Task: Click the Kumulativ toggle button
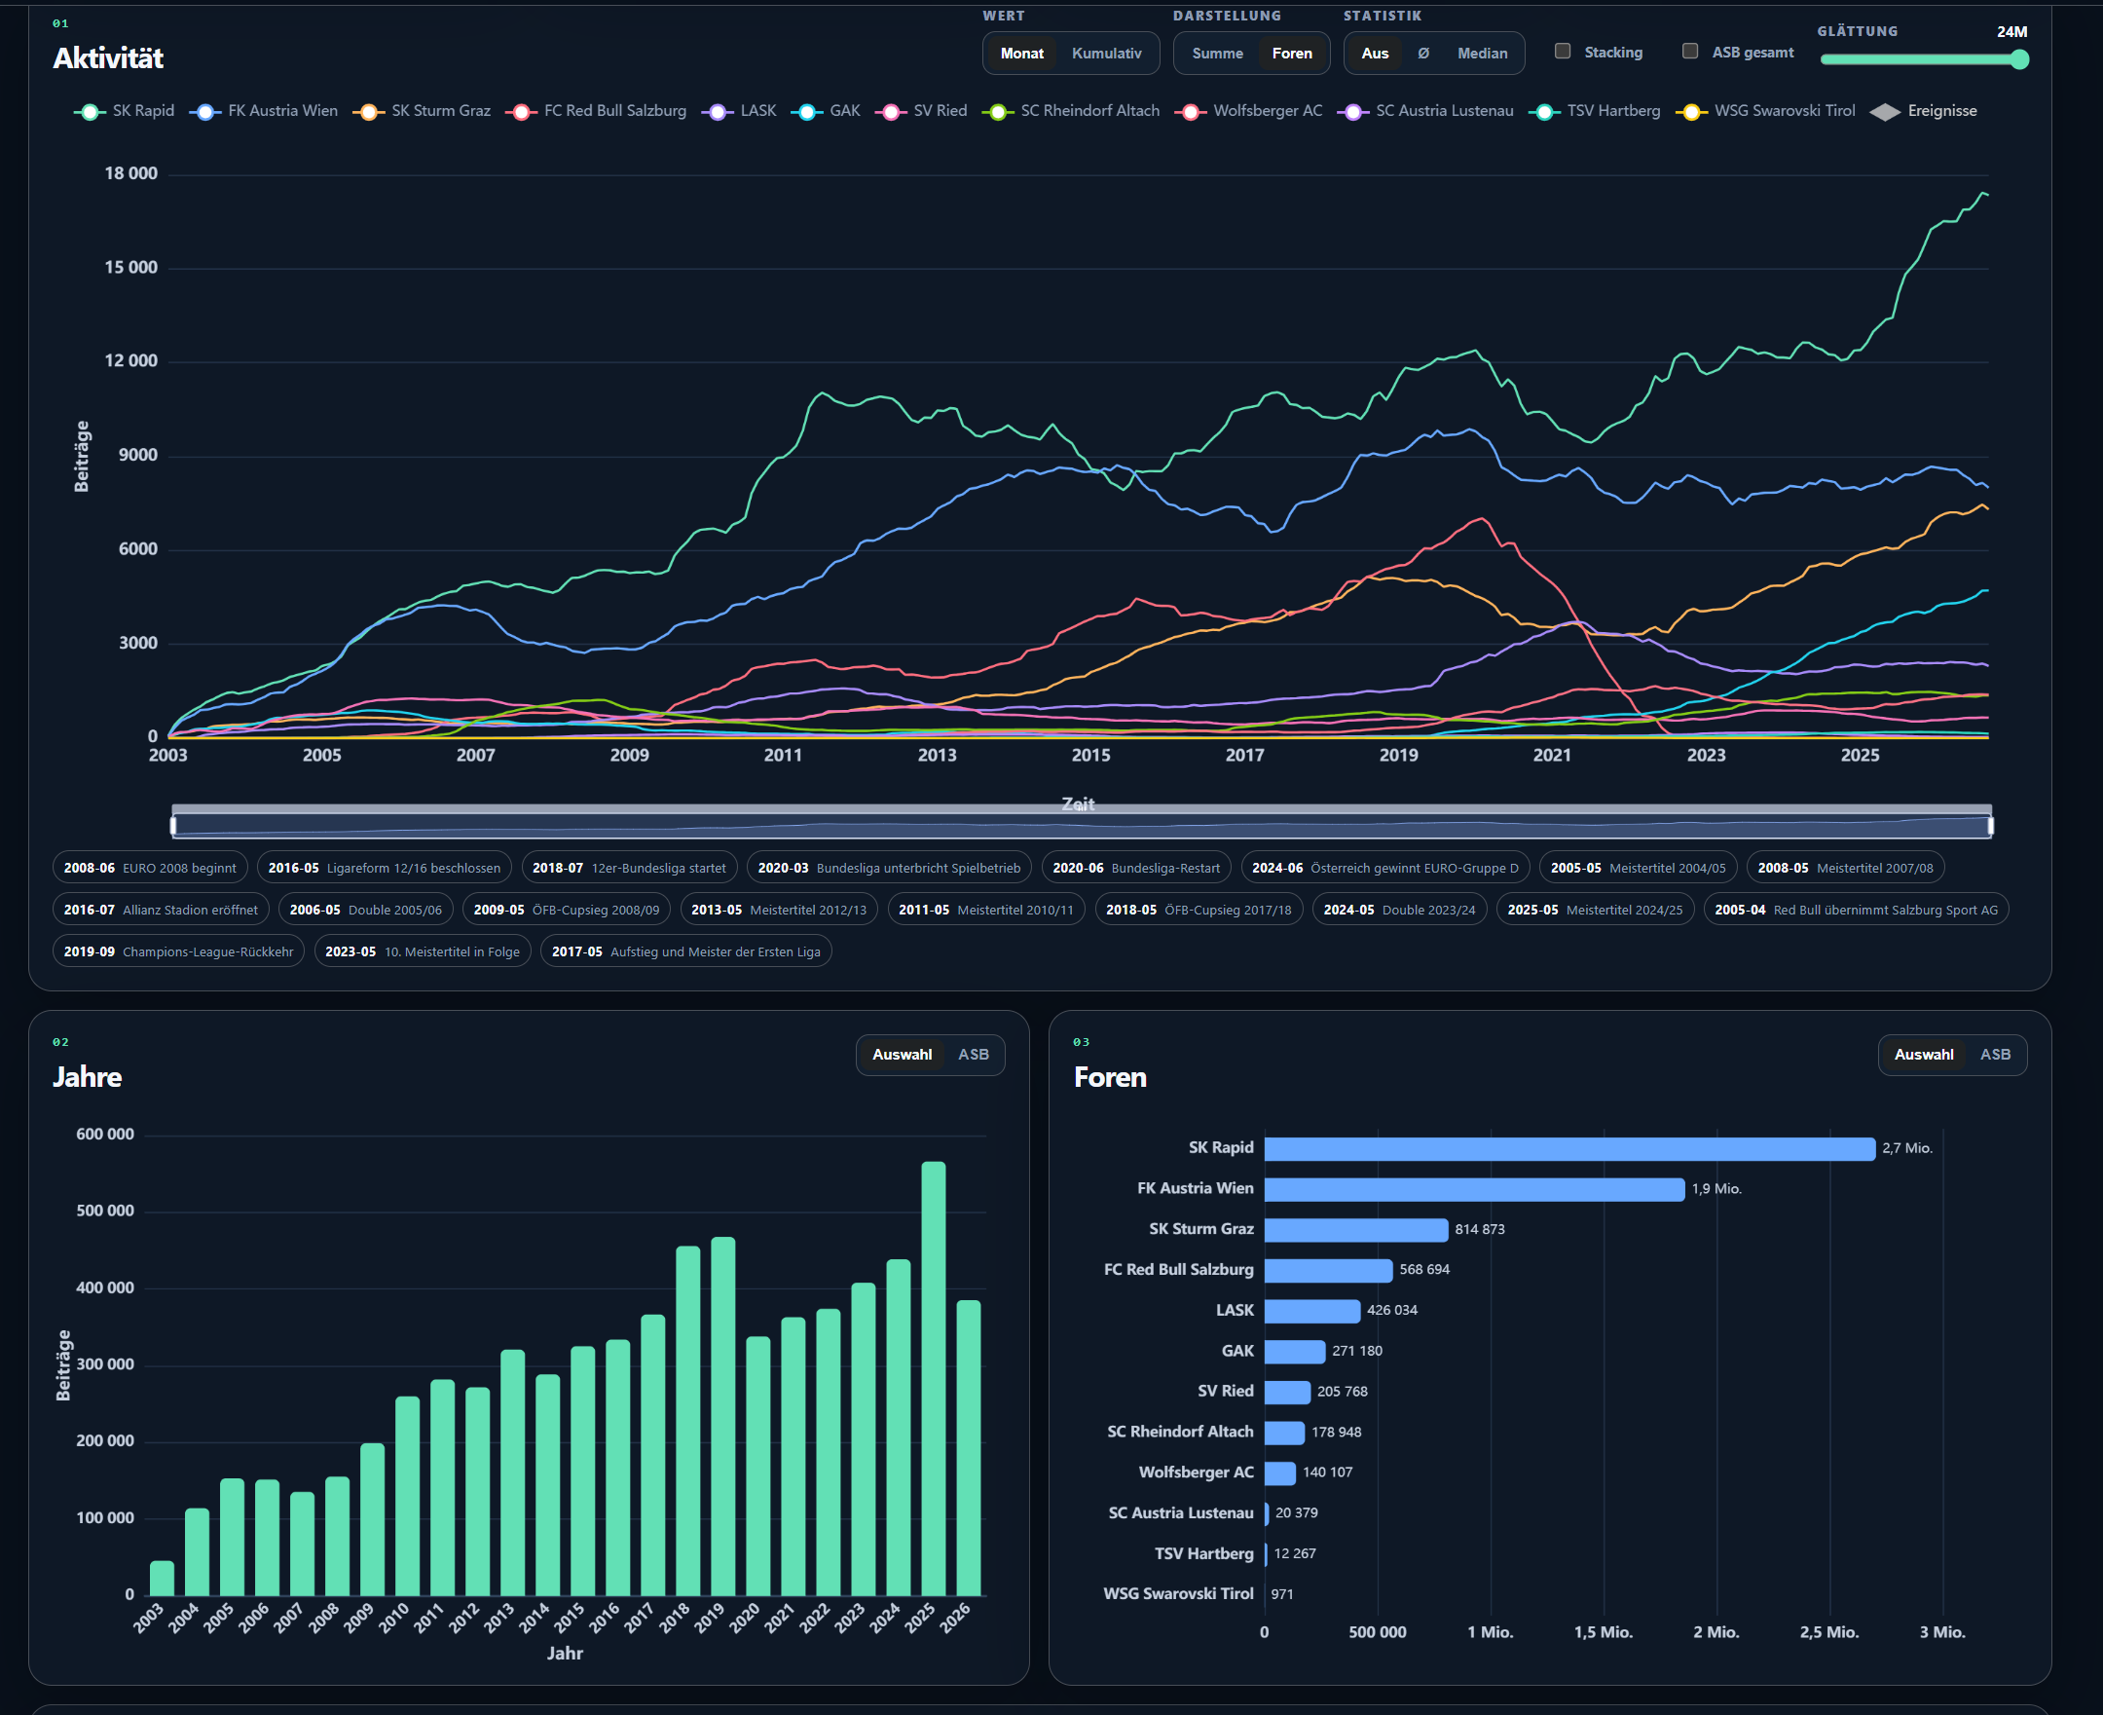[x=1106, y=54]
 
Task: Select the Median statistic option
[x=1482, y=54]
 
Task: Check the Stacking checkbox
[x=1563, y=52]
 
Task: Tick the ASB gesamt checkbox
[x=1690, y=52]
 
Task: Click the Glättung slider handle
[x=2019, y=59]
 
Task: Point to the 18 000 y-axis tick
[x=131, y=174]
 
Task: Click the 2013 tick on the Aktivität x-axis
[x=937, y=756]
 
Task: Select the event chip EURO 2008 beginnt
[x=150, y=869]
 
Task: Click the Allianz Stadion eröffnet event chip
[x=160, y=910]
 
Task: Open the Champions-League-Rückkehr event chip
[x=178, y=952]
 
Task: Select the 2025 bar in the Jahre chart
[x=934, y=1379]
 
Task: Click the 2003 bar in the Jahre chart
[x=162, y=1579]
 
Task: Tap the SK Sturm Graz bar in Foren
[x=1356, y=1230]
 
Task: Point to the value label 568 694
[x=1424, y=1271]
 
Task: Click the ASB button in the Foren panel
[x=1995, y=1055]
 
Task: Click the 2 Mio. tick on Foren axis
[x=1716, y=1633]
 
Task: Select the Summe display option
[x=1217, y=54]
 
